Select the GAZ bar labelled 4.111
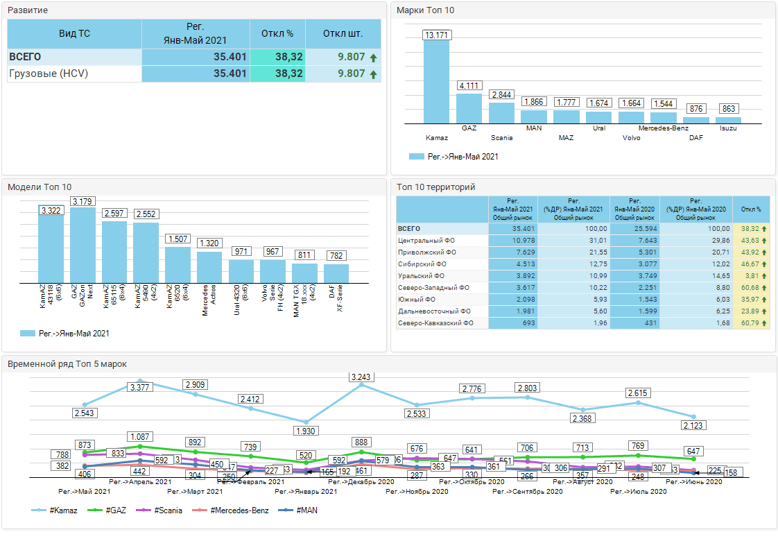pos(469,108)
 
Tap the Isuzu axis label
pos(728,128)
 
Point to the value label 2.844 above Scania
pos(501,95)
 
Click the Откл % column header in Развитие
pos(277,33)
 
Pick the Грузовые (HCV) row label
pos(49,74)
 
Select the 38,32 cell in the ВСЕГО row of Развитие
pos(277,57)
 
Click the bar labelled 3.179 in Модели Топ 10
pos(83,243)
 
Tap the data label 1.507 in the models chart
pos(178,239)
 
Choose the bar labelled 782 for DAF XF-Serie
pos(336,273)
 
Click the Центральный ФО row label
pos(426,240)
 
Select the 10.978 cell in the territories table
pos(512,240)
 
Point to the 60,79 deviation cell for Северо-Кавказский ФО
pos(751,323)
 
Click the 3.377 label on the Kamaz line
pos(140,388)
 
